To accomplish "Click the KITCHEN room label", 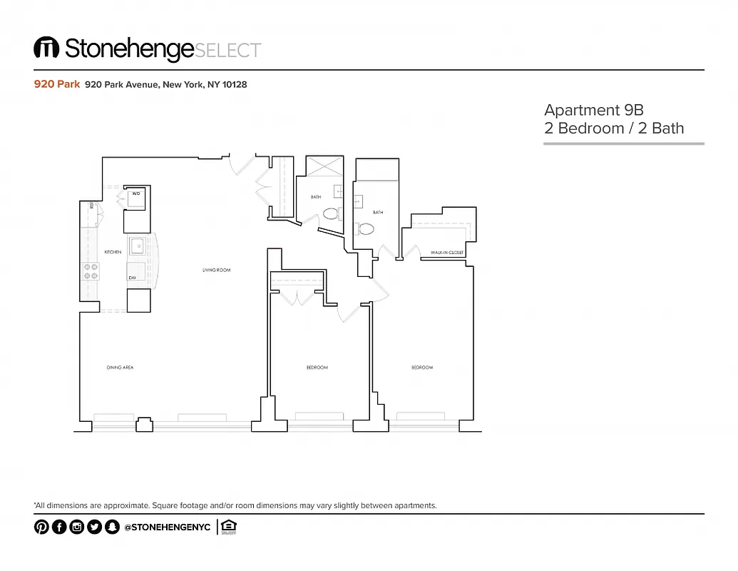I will coord(113,252).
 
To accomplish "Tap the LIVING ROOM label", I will coord(216,270).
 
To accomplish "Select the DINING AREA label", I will coord(121,368).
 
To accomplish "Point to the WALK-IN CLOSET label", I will coord(448,253).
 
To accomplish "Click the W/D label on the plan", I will coord(135,194).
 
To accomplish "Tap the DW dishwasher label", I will coord(133,277).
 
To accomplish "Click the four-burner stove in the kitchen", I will coord(91,271).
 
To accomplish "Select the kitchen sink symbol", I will coord(136,247).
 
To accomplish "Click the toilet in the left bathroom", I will coord(330,213).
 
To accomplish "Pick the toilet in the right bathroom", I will coord(365,229).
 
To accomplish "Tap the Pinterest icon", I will coord(41,527).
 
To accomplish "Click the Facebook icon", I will coord(59,527).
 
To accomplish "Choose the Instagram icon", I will coord(77,527).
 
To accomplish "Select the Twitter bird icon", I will coord(94,527).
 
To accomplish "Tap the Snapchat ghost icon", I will coord(111,527).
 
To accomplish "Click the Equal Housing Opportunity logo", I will coord(228,527).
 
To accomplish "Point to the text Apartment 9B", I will coord(593,110).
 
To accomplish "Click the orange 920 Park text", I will coord(56,84).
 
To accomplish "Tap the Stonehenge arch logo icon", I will coord(46,48).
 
